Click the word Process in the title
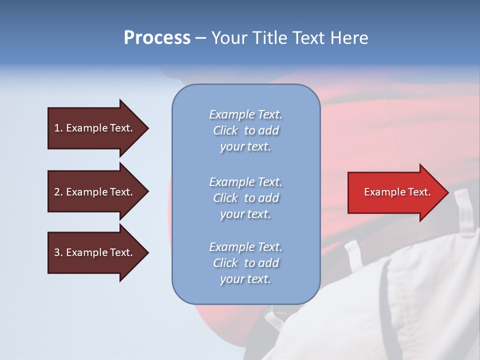(x=157, y=38)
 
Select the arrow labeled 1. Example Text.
(x=95, y=128)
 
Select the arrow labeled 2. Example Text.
(x=95, y=192)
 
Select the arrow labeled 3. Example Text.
(x=95, y=252)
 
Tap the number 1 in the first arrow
(x=57, y=128)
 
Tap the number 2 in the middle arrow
(x=57, y=192)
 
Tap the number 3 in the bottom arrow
(x=57, y=252)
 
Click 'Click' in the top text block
(x=225, y=130)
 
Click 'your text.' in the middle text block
(x=245, y=214)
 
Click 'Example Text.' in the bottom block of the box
(x=245, y=247)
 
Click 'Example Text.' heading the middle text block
(x=245, y=181)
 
